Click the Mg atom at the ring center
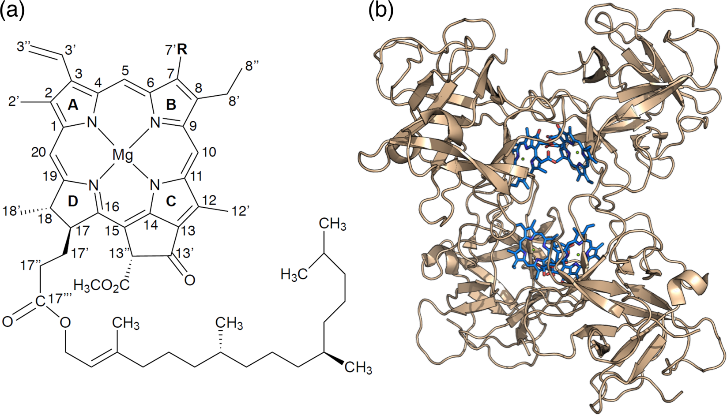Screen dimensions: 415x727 tap(123, 155)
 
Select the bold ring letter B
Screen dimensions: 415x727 tap(171, 105)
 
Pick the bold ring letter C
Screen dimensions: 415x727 tap(171, 201)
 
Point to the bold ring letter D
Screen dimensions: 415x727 tap(73, 201)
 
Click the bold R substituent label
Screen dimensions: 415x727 tap(182, 50)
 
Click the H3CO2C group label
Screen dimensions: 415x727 tap(102, 286)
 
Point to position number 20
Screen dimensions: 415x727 tap(39, 152)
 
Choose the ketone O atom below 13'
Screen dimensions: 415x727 tap(189, 280)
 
